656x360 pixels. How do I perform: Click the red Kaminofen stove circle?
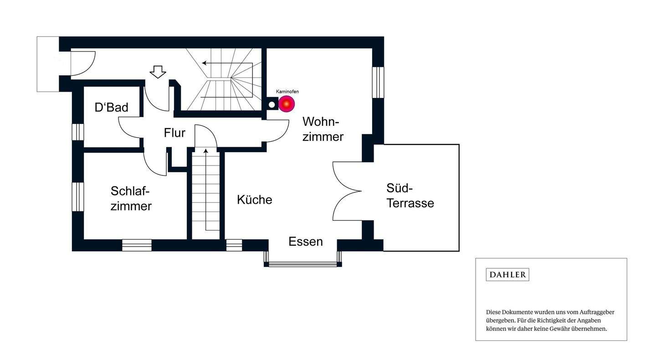pos(287,104)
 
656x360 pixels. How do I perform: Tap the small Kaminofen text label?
pos(287,92)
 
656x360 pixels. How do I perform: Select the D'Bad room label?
pos(111,108)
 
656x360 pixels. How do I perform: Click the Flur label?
pos(174,133)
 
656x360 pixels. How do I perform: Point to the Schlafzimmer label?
pos(131,198)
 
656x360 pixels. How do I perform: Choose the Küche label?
pos(254,200)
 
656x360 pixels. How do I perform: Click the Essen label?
pos(306,242)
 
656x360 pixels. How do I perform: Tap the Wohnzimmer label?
pos(323,129)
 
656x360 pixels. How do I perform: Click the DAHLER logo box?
pos(507,274)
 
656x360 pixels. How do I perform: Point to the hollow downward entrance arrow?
pos(158,72)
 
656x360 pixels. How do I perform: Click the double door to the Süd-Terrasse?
pos(347,191)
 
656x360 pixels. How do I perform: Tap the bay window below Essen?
pos(302,263)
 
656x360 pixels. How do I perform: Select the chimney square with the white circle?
pos(272,104)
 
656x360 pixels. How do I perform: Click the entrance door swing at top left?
pos(82,63)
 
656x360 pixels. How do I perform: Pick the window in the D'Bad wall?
pos(78,132)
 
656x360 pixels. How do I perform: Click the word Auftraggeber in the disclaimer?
pos(597,312)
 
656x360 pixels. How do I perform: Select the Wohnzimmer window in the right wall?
pos(378,82)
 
